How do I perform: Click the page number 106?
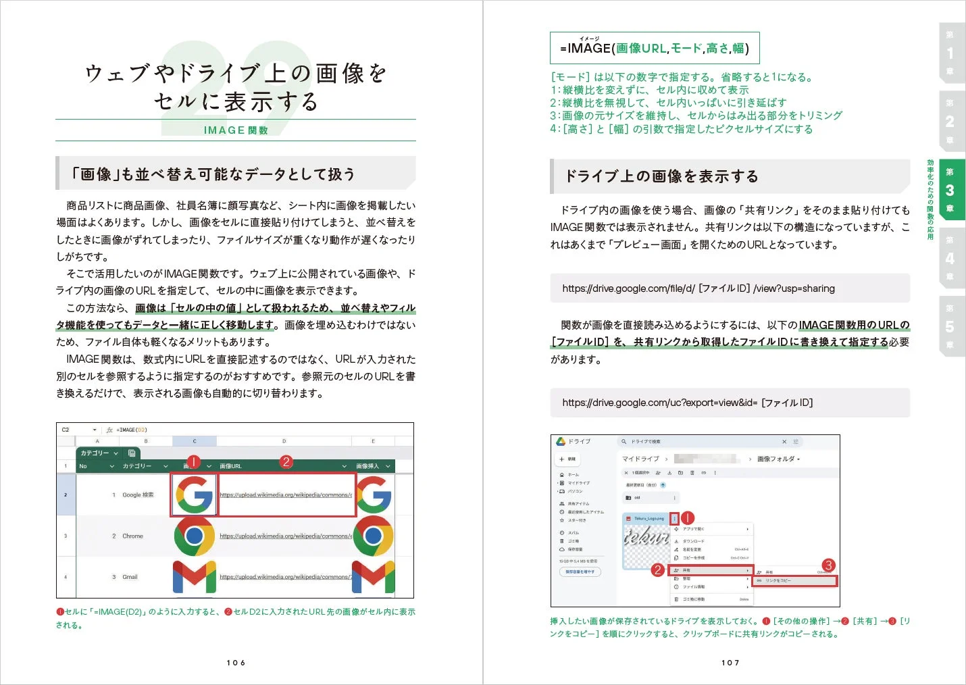236,663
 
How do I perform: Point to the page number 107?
730,663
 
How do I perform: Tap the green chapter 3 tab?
950,190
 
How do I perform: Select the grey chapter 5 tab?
950,326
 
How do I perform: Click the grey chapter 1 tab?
950,53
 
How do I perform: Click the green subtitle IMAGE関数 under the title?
236,130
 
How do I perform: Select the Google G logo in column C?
194,494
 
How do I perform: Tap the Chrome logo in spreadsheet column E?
373,536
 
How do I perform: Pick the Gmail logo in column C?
194,577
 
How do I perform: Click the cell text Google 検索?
138,495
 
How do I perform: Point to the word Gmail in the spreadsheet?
130,577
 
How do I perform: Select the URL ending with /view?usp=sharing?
698,288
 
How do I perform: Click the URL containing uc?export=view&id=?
688,403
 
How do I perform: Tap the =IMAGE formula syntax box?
654,48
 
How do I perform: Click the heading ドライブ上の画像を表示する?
661,176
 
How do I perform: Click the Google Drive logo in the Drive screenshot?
561,442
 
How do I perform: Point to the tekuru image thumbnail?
645,538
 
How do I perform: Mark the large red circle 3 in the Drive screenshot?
828,565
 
